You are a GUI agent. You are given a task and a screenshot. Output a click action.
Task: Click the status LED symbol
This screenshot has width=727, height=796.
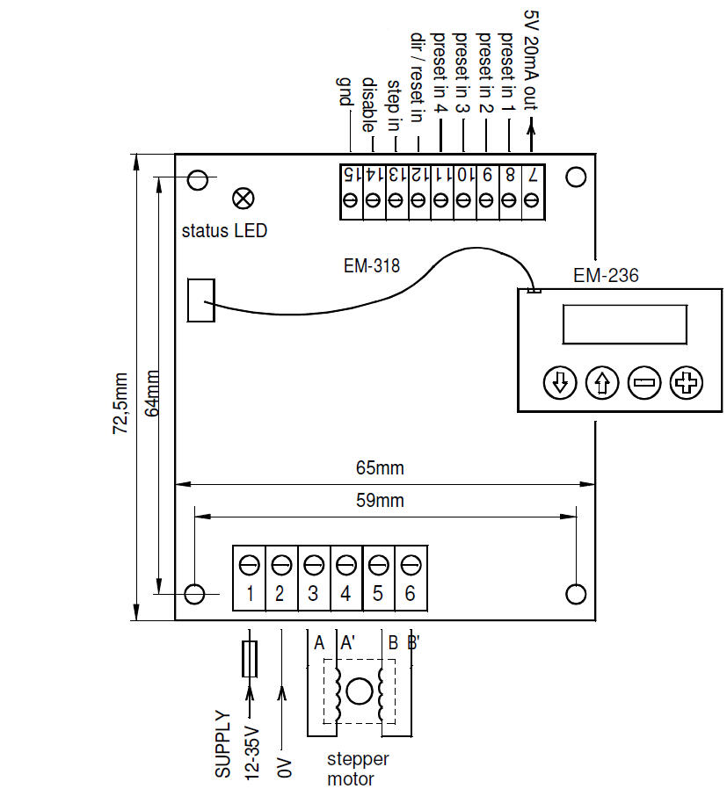pos(243,198)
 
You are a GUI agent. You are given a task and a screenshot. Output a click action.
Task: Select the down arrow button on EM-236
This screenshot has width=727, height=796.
pos(560,383)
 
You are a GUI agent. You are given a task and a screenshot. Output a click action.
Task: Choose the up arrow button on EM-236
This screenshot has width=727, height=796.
pos(602,383)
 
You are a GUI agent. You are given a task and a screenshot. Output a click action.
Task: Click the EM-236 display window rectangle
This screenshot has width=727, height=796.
pos(625,324)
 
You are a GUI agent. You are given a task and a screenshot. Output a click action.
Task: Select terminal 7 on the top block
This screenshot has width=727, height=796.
pos(532,174)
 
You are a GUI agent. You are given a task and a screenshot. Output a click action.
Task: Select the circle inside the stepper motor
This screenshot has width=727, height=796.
pos(359,691)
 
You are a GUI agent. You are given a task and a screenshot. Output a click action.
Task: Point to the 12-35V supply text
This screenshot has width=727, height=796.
pos(251,751)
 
